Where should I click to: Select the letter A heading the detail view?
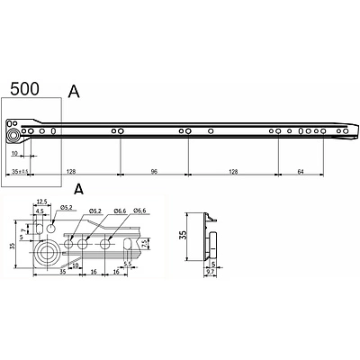pos(78,190)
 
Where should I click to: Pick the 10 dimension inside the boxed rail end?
pos(16,153)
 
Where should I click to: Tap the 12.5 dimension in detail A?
pos(41,202)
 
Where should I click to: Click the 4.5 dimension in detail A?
pos(40,212)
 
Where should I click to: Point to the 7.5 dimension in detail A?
pos(143,243)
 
